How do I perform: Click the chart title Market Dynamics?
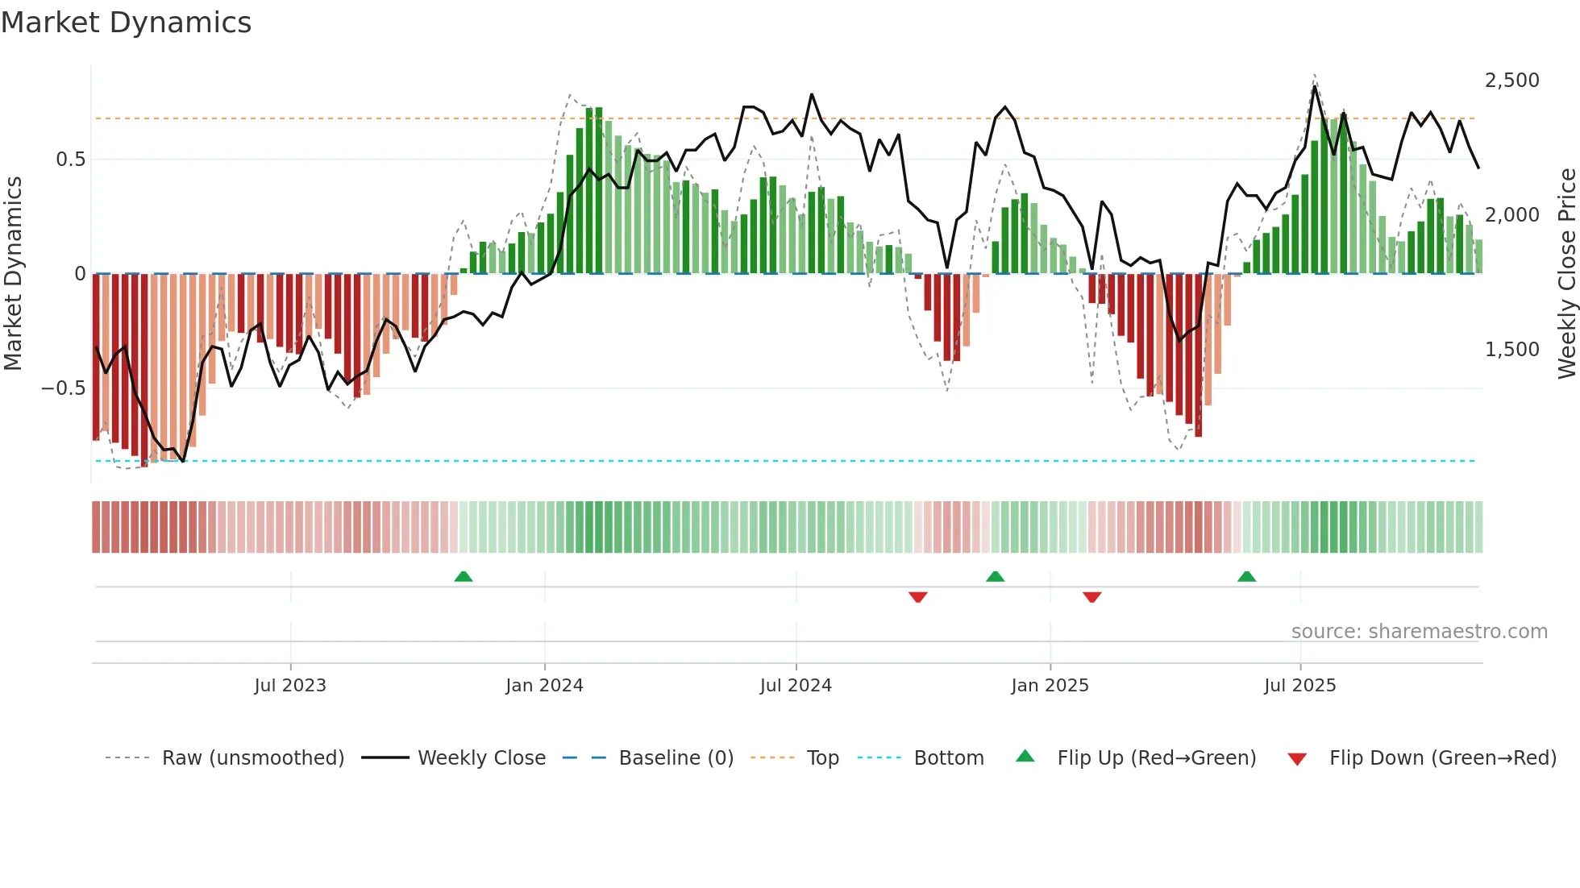click(x=126, y=23)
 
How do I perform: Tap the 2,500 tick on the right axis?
click(x=1511, y=81)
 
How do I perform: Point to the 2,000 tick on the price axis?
click(x=1511, y=215)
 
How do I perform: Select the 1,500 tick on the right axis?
click(x=1511, y=350)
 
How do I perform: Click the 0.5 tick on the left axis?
click(x=71, y=160)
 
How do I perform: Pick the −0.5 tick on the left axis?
click(x=64, y=388)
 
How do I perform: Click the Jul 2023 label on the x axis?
click(x=290, y=686)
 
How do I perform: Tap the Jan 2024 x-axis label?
click(x=544, y=686)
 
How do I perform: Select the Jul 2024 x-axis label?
click(x=796, y=686)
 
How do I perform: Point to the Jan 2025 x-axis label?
click(x=1050, y=686)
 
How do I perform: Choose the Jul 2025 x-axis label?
click(x=1299, y=686)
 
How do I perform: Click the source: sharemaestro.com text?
click(x=1419, y=632)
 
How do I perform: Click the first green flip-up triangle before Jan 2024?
click(x=464, y=577)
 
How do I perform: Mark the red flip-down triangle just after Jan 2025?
click(x=1092, y=597)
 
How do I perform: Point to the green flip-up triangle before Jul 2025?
click(x=1246, y=577)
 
